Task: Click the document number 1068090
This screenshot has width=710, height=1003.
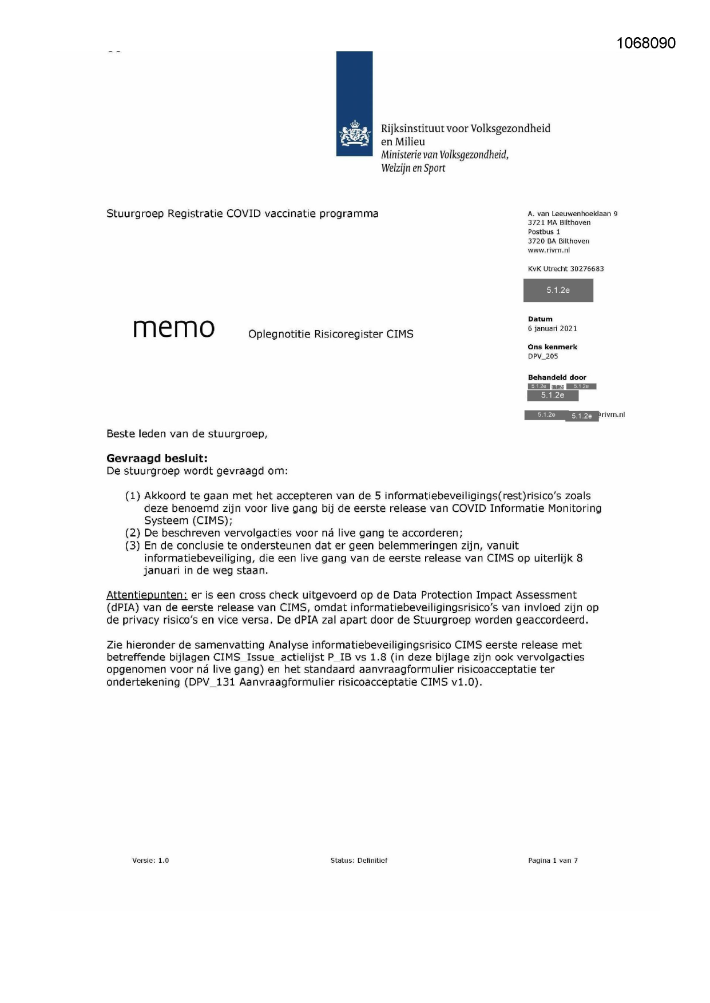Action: [x=646, y=43]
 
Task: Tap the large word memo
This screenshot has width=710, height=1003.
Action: [x=174, y=328]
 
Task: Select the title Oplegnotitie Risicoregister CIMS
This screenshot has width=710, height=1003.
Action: [x=331, y=334]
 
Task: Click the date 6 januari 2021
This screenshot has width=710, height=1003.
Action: [x=552, y=329]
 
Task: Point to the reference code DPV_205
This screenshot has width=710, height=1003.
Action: [x=542, y=356]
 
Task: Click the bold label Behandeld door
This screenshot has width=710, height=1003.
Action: [x=557, y=377]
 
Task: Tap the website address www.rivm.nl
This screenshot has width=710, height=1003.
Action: [x=548, y=250]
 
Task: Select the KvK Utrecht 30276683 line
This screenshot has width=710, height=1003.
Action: [x=565, y=269]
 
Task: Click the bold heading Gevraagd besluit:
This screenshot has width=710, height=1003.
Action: [x=157, y=458]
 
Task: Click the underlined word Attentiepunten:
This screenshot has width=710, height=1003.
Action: [x=146, y=595]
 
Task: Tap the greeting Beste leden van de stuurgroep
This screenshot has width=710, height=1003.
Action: [x=187, y=433]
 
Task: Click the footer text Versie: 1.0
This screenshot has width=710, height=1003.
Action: [x=150, y=860]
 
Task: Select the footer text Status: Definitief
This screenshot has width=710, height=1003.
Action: [x=359, y=860]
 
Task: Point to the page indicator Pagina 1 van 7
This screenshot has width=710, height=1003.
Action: [x=553, y=860]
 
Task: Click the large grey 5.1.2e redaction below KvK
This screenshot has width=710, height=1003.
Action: [x=558, y=290]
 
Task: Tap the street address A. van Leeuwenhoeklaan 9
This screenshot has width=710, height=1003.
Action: [x=572, y=213]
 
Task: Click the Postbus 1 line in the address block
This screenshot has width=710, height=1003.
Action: [x=544, y=232]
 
